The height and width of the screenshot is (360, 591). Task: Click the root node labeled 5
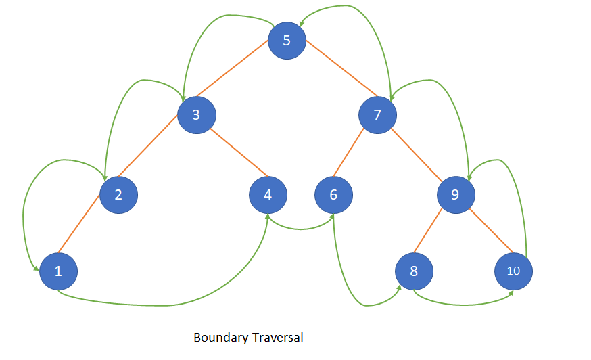click(287, 40)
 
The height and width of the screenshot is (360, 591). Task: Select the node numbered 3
click(196, 114)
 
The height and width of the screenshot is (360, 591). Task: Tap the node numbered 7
click(377, 114)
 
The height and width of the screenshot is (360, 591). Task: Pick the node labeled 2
click(118, 195)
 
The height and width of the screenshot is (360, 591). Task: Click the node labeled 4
click(268, 195)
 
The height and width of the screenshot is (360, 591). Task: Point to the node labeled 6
click(333, 195)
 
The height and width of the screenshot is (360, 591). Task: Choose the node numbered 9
click(455, 195)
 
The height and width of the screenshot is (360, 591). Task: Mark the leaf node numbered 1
click(58, 271)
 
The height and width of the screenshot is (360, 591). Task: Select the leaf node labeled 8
click(414, 271)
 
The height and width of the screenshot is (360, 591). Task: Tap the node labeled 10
click(513, 271)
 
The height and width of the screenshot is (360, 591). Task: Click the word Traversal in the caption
click(277, 337)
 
